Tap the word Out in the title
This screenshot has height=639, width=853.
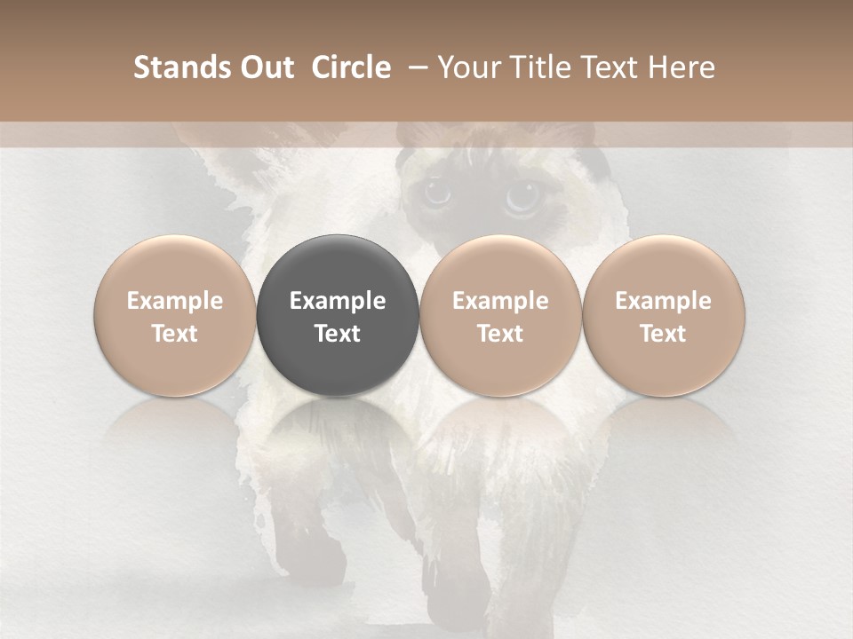click(266, 67)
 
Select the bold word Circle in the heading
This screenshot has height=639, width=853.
click(351, 67)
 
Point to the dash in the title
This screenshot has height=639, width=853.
click(414, 67)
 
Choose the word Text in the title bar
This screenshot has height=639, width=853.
click(606, 67)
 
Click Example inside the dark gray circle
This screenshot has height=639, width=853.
click(338, 301)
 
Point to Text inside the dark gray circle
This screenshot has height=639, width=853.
click(338, 334)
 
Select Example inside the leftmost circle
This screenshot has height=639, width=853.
click(175, 301)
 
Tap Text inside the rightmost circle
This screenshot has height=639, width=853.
click(664, 334)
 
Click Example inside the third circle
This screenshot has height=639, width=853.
click(500, 301)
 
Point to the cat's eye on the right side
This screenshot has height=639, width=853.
click(522, 197)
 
